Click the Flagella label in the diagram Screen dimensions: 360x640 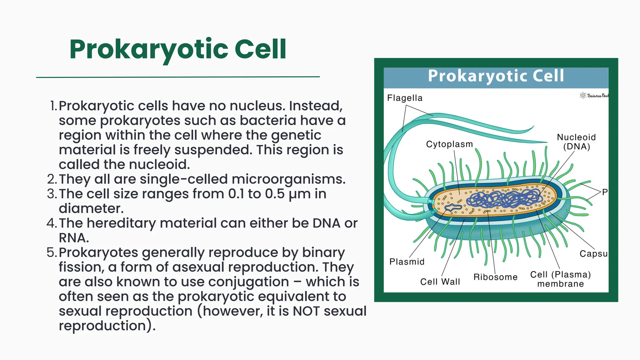pos(405,98)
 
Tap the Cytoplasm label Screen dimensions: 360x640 pos(449,144)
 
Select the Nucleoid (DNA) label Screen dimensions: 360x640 pos(576,142)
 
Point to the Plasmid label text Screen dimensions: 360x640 pos(407,262)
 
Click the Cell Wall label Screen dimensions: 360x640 pos(440,282)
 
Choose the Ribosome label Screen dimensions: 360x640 pos(495,277)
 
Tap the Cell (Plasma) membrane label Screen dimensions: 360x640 pos(560,279)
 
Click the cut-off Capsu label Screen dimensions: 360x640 pos(593,254)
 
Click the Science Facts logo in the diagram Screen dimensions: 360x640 pos(593,96)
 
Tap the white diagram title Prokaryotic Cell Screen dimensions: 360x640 pos(496,76)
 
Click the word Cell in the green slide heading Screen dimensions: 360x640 pos(260,49)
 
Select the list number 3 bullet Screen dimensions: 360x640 pos(52,194)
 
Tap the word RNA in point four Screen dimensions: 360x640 pos(74,238)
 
